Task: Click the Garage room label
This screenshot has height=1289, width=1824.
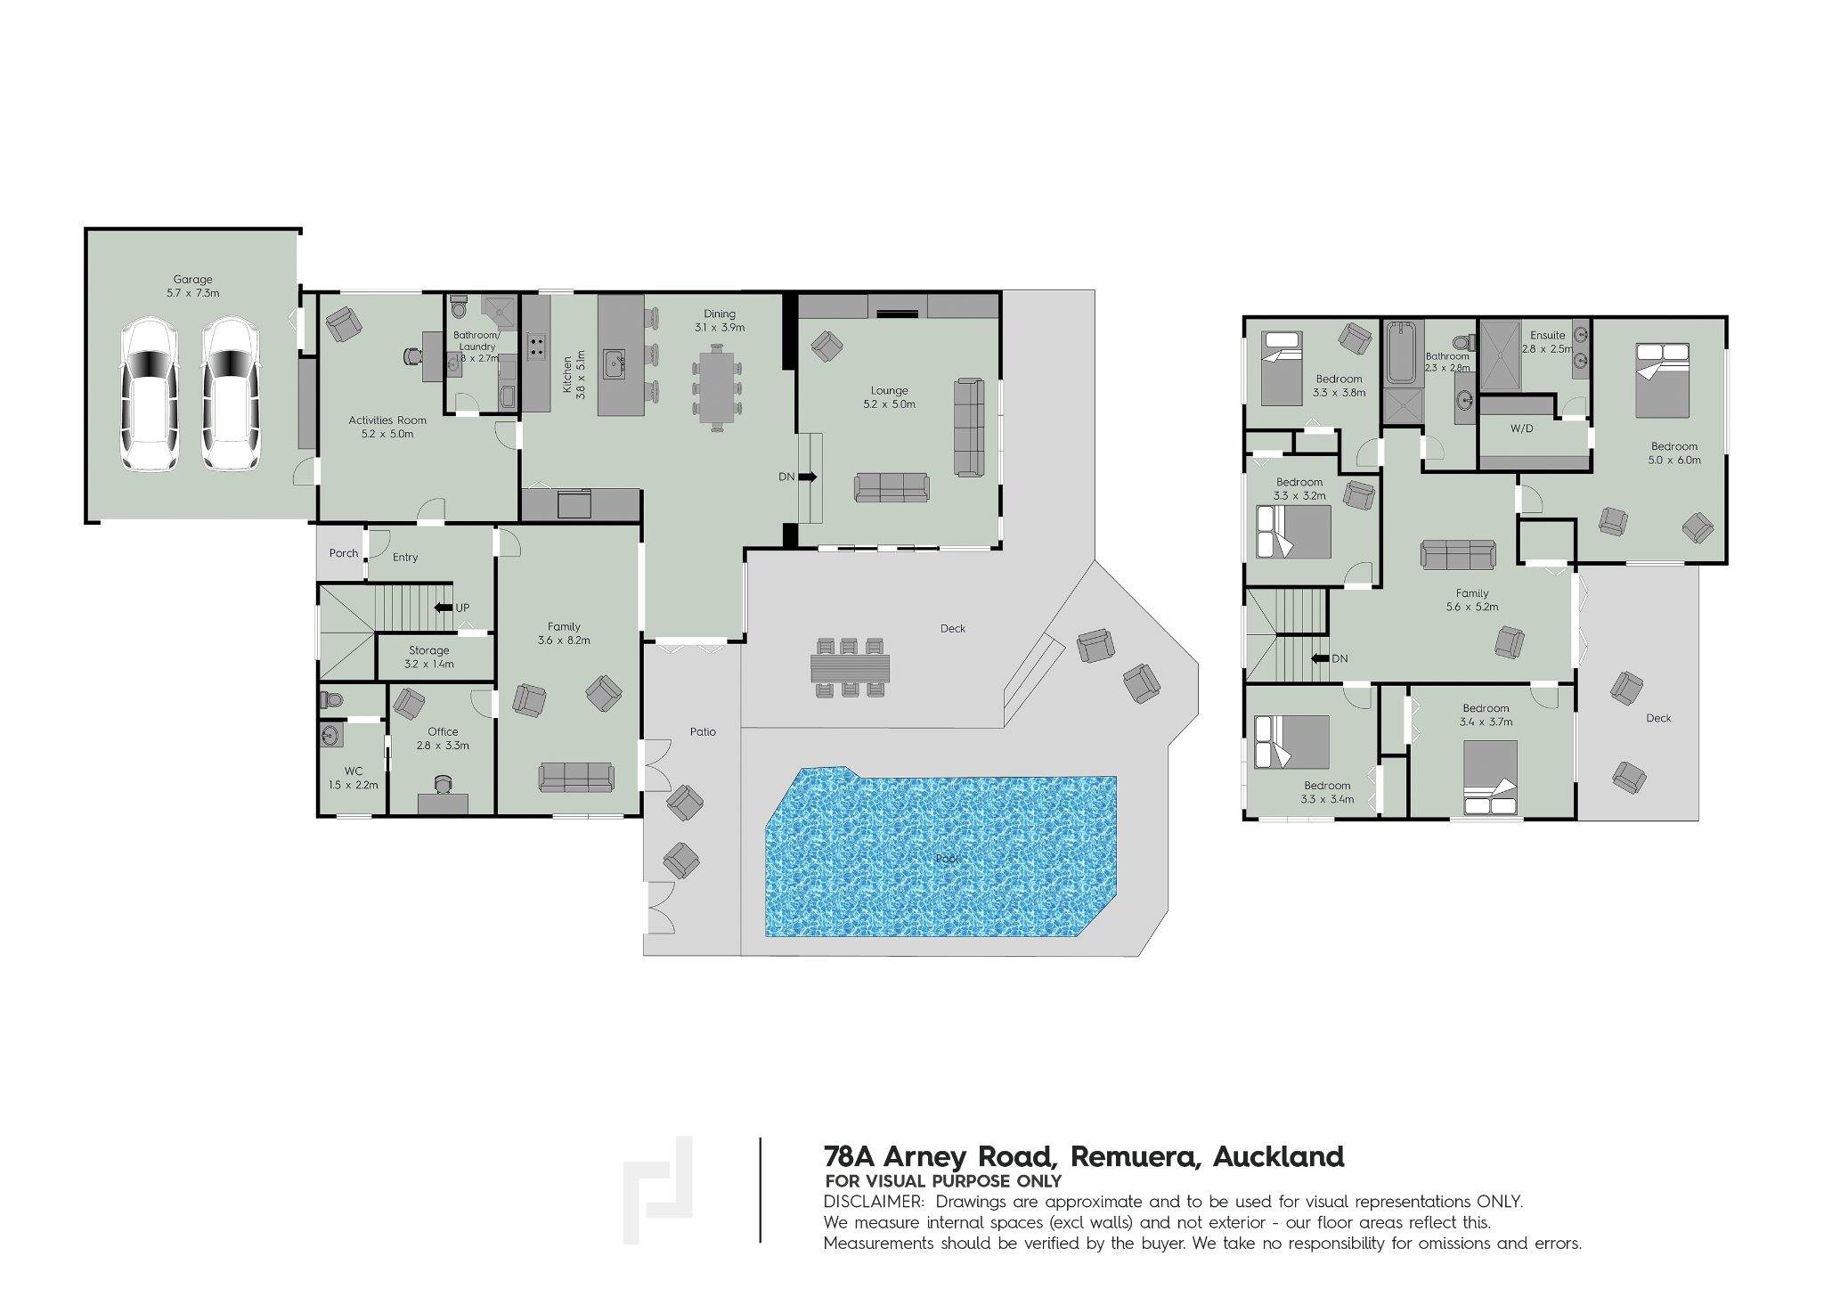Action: (x=192, y=280)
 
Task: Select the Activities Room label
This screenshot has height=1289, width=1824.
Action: (x=387, y=420)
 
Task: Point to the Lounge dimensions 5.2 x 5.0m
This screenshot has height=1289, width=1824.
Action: (x=889, y=404)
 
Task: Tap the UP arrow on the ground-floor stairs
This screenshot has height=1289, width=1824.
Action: (x=444, y=608)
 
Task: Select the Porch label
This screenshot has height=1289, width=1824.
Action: (x=344, y=553)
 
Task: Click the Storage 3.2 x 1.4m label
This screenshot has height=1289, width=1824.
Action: (x=429, y=657)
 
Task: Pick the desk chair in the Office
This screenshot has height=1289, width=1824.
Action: (x=443, y=784)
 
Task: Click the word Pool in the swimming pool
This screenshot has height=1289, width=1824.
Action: (x=948, y=859)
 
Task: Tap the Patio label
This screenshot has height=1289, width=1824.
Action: (x=703, y=732)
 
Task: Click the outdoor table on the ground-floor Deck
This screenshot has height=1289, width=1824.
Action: (x=850, y=666)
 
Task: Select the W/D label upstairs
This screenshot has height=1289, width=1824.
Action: (x=1522, y=428)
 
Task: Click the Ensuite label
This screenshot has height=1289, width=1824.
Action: (x=1548, y=336)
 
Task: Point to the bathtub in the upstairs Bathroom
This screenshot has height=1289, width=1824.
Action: (x=1402, y=353)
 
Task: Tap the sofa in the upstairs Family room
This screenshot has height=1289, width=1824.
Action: (x=1458, y=555)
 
